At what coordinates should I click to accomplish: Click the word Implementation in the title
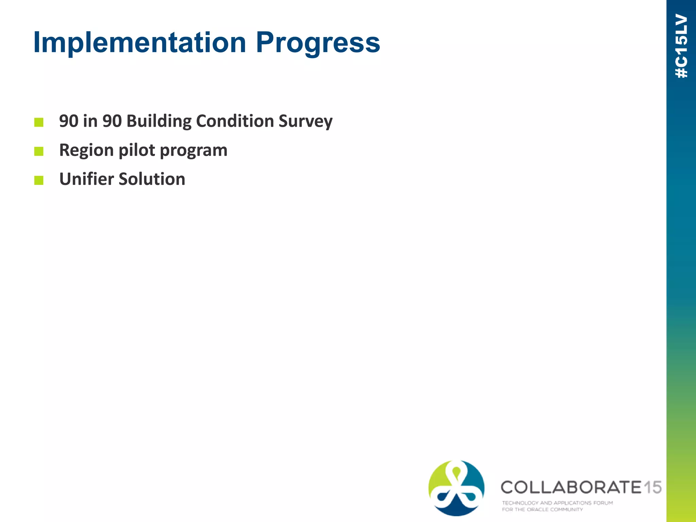139,42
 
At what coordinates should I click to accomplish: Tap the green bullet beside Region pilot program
39,151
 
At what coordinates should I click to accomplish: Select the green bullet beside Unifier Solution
39,180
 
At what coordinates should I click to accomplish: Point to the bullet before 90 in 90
39,122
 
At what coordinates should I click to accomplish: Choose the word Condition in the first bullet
235,121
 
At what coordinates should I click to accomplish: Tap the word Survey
305,121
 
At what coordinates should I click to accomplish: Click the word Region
86,151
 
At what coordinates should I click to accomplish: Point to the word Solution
152,179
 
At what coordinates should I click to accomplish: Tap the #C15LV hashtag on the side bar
681,46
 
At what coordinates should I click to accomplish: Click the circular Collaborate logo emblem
456,488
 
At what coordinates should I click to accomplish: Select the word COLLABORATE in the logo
571,487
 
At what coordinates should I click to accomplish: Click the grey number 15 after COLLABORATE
652,487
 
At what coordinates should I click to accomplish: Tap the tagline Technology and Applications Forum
557,503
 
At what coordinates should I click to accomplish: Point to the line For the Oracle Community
542,509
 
